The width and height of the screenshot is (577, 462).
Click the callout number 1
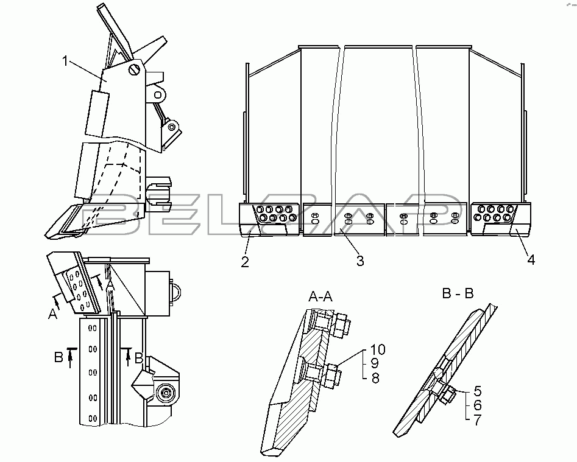65,61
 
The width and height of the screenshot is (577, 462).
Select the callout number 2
245,262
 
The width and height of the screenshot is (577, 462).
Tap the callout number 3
360,261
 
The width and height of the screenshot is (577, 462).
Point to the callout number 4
531,260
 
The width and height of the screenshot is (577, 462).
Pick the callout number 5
478,391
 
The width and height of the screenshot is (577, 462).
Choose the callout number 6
478,405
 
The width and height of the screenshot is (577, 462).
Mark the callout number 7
478,419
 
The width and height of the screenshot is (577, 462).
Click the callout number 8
375,378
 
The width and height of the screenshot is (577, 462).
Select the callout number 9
375,363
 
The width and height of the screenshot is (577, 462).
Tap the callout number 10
378,349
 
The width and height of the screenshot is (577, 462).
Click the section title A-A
320,296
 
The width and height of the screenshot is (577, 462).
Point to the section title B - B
458,293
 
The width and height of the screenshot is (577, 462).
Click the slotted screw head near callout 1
135,69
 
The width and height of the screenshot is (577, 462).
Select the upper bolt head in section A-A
341,325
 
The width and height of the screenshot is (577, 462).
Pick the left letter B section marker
58,357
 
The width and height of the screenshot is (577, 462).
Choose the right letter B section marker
139,358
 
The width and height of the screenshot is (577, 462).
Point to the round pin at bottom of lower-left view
166,393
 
